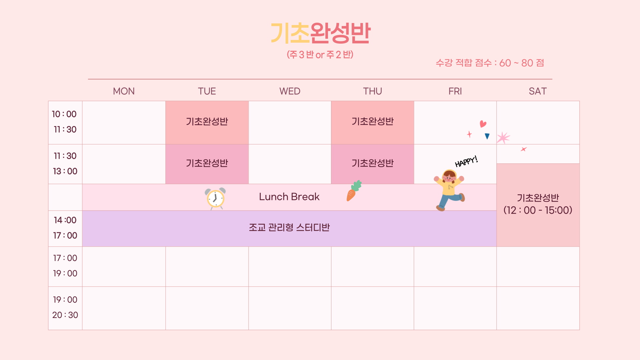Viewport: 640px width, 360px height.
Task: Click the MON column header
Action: (x=124, y=91)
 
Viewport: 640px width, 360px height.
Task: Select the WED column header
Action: (x=290, y=91)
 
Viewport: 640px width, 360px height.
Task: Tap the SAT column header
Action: (x=538, y=91)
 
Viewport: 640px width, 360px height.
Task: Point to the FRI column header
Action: (x=455, y=91)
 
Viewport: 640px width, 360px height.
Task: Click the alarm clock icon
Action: (x=215, y=199)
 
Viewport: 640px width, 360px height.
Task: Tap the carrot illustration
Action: (x=353, y=191)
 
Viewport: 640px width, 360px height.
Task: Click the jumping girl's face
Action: (x=449, y=177)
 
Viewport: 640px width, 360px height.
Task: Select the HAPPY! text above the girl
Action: (x=466, y=161)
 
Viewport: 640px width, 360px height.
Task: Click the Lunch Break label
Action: (x=289, y=197)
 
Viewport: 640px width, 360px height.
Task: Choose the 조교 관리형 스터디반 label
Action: (x=289, y=227)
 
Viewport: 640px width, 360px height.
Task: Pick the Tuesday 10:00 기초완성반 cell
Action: (x=207, y=122)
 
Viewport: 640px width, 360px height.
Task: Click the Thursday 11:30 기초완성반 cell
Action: (x=373, y=164)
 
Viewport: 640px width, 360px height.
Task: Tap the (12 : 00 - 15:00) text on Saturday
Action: (x=538, y=210)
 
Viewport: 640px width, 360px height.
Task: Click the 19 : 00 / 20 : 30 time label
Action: (x=65, y=307)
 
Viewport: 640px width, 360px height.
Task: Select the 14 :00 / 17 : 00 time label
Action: (x=65, y=228)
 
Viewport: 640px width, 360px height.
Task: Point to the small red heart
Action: (x=483, y=124)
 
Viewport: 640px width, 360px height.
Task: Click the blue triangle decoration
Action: (x=487, y=136)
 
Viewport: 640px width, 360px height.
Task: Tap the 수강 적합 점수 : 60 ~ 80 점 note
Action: (x=490, y=63)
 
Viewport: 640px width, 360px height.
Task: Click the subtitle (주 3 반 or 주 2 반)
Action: (x=320, y=54)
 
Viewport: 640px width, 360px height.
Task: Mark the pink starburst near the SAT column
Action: (x=503, y=138)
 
